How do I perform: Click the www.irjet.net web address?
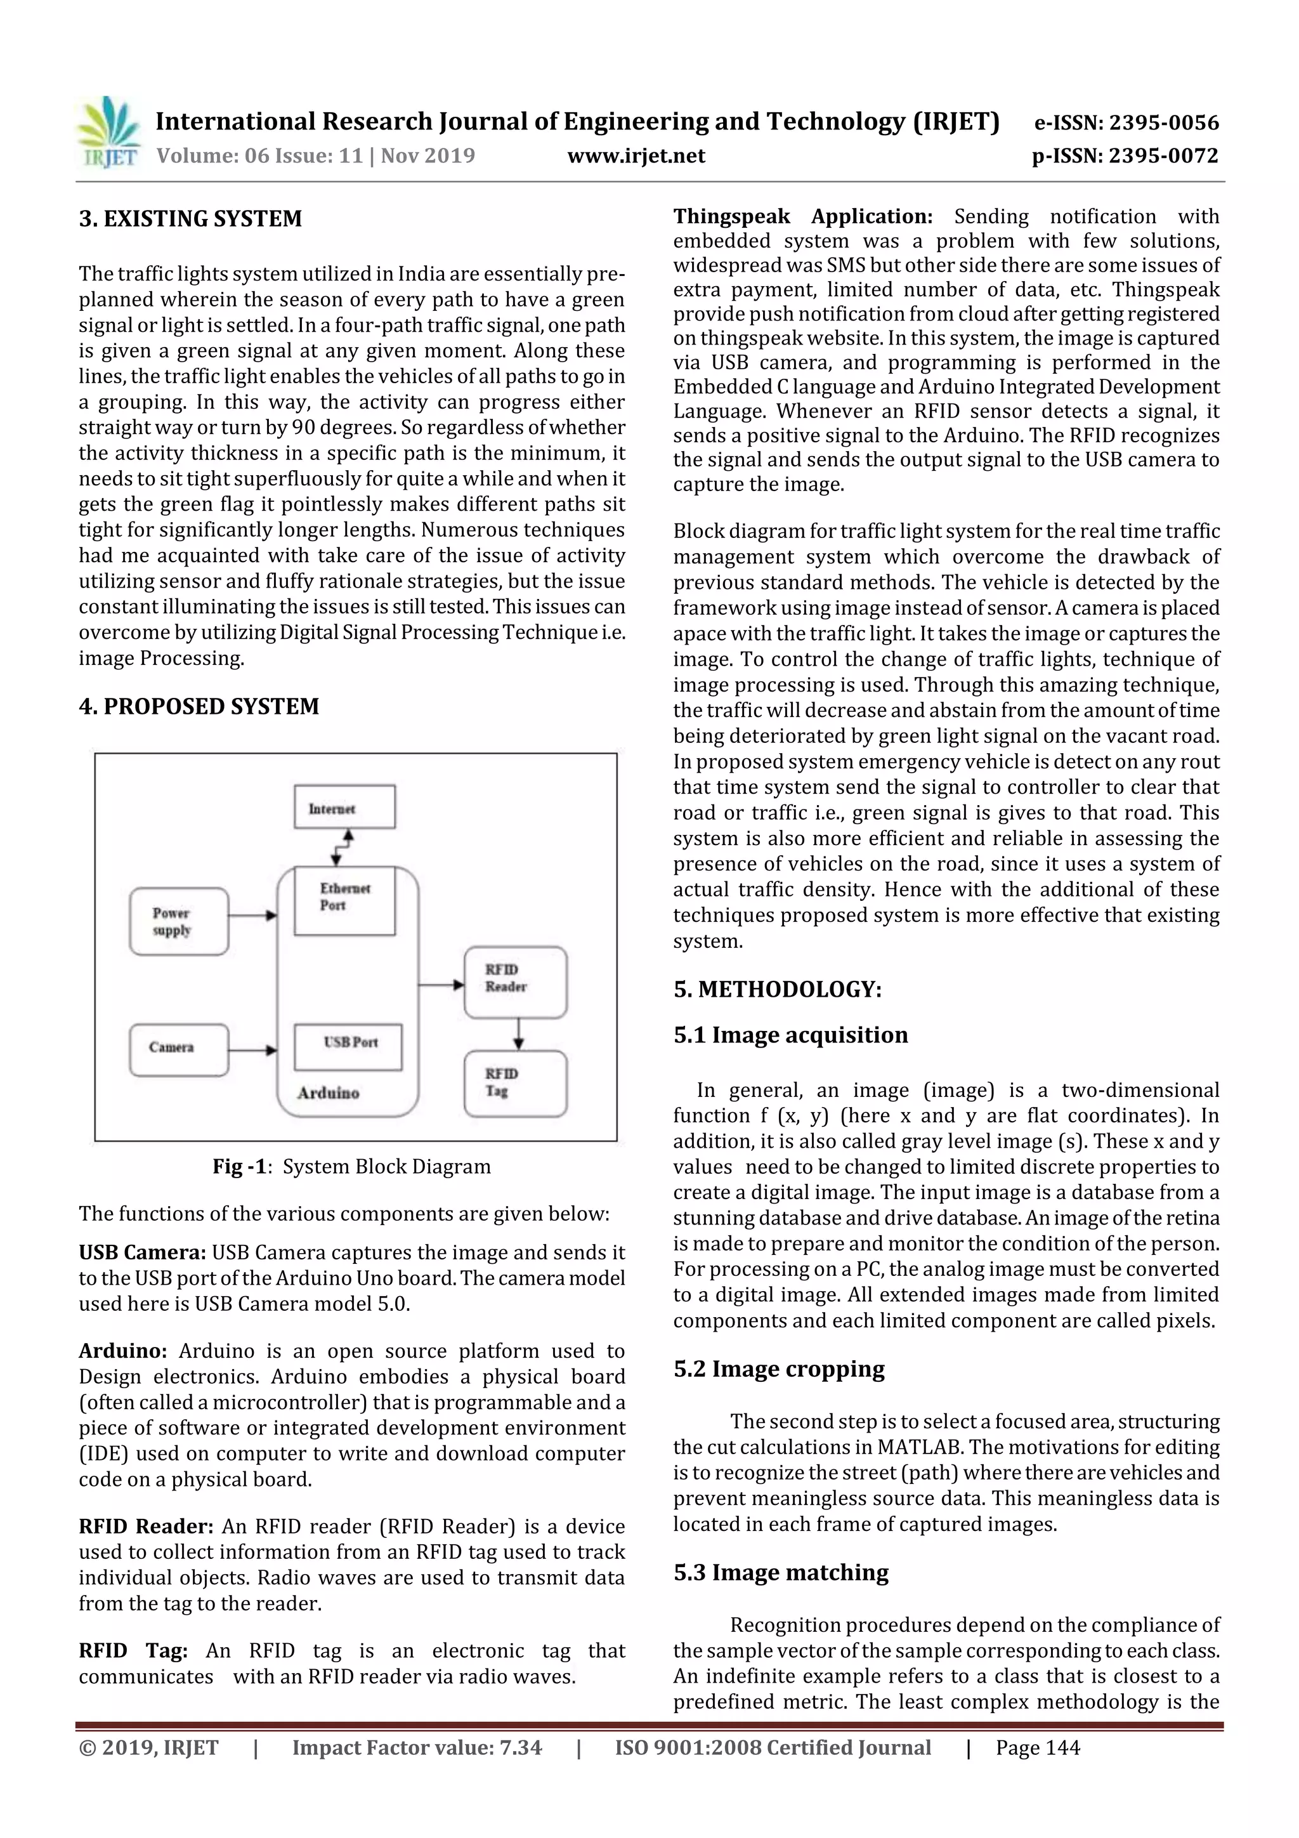[x=636, y=155]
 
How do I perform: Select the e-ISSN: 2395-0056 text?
[x=1126, y=122]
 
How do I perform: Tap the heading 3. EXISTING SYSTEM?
[x=190, y=218]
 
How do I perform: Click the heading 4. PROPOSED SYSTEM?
[x=199, y=706]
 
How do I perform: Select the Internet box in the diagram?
[x=344, y=807]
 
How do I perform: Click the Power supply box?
[x=178, y=921]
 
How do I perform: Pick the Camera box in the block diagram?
[x=178, y=1049]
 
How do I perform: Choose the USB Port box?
[x=348, y=1046]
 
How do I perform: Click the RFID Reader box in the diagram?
[x=516, y=982]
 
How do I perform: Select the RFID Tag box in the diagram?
[x=516, y=1084]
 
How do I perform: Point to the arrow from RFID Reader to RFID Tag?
[x=519, y=1034]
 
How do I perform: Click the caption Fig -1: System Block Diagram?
[x=351, y=1166]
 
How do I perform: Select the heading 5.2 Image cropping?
[x=778, y=1369]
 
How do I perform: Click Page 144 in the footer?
[x=1037, y=1747]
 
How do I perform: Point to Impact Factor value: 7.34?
[x=416, y=1747]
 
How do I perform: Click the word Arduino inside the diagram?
[x=328, y=1093]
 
